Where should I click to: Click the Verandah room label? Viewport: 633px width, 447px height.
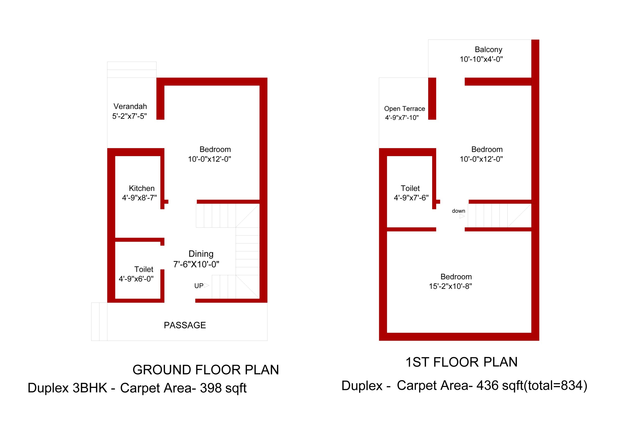(130, 106)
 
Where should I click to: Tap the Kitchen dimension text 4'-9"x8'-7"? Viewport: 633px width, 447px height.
(139, 198)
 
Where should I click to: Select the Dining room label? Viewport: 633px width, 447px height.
(201, 254)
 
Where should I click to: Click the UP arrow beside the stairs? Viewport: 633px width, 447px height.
(206, 285)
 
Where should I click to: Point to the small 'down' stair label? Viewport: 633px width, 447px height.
(458, 211)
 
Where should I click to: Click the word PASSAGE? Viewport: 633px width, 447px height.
(185, 325)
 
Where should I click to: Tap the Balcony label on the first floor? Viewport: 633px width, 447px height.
(489, 50)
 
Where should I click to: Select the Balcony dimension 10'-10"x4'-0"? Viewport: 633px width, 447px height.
(481, 59)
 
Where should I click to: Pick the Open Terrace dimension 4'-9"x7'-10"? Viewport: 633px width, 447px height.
(402, 118)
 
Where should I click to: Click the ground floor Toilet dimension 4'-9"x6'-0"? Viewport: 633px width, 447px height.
(136, 279)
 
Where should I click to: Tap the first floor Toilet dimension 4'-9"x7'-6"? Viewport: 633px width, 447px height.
(411, 198)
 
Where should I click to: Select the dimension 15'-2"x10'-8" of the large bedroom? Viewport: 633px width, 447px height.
(450, 286)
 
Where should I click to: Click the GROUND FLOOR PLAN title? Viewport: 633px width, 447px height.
(206, 370)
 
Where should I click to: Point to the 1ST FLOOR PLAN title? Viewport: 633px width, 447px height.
(461, 362)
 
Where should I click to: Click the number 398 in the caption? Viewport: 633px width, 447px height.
(211, 388)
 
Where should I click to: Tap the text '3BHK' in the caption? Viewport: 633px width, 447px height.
(90, 388)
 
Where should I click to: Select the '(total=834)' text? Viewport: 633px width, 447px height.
(555, 385)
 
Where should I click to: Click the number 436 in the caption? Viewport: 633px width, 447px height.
(487, 385)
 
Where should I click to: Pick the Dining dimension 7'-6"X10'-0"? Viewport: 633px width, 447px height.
(196, 264)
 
